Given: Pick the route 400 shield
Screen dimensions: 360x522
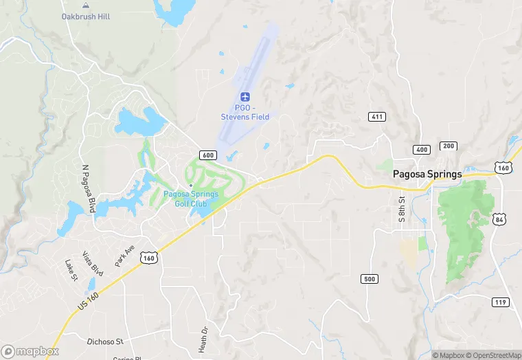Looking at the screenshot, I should pyautogui.click(x=422, y=149).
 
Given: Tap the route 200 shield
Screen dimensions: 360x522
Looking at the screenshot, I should pyautogui.click(x=449, y=146).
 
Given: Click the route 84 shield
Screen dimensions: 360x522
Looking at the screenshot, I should pyautogui.click(x=499, y=218).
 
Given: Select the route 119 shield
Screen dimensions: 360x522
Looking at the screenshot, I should pyautogui.click(x=500, y=302).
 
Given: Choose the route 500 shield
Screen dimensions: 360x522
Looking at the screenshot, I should pyautogui.click(x=370, y=278).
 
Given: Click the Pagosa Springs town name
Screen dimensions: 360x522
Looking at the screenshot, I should pyautogui.click(x=427, y=175).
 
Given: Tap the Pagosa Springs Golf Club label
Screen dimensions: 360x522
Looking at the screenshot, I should pyautogui.click(x=191, y=198).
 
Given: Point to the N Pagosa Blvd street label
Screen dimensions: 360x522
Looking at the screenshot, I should pyautogui.click(x=87, y=188).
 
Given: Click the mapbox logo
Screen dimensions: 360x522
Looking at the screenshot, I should pyautogui.click(x=30, y=351).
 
